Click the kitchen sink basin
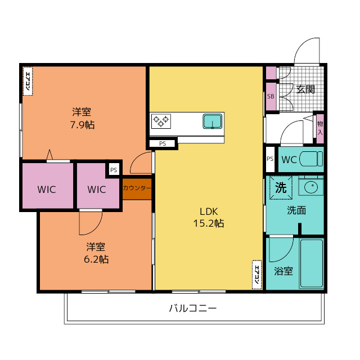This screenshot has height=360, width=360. [212, 121]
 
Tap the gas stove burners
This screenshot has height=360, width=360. [161, 121]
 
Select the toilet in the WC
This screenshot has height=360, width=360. [311, 159]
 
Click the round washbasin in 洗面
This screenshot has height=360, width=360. [311, 187]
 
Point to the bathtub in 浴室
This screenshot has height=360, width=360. [312, 264]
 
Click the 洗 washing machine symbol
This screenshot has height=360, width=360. [281, 187]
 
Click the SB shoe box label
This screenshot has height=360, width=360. [271, 96]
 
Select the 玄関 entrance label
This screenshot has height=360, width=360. [305, 89]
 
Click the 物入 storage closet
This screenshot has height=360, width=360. [320, 128]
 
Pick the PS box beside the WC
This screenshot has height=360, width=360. [270, 159]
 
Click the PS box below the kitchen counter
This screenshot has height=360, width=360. [163, 144]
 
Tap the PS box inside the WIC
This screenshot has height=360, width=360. [114, 170]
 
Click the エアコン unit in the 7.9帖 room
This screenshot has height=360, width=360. [28, 81]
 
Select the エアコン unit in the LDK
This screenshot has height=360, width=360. [256, 275]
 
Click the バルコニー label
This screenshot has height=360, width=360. [192, 308]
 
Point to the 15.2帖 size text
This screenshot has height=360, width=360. [209, 223]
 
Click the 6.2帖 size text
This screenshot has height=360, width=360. [96, 259]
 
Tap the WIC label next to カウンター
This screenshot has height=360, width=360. [97, 190]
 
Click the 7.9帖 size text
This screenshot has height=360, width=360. [82, 125]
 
